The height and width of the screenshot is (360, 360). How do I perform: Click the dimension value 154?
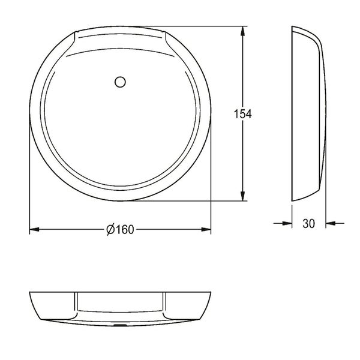coord(242,114)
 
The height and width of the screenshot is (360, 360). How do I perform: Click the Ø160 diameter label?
coord(120,229)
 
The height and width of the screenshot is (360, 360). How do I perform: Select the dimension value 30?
coord(308,223)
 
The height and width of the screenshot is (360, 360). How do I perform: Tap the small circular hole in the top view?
coord(120,82)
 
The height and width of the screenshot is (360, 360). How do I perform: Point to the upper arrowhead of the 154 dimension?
coord(242,31)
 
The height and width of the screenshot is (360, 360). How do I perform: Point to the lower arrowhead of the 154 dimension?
coord(242,196)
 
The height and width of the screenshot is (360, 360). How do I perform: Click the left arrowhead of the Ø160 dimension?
coord(34,229)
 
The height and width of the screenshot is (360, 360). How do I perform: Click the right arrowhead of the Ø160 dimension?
coord(206,229)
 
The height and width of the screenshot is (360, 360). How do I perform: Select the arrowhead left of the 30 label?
coord(287,223)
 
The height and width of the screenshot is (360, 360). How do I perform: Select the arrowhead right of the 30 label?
coord(331,223)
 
